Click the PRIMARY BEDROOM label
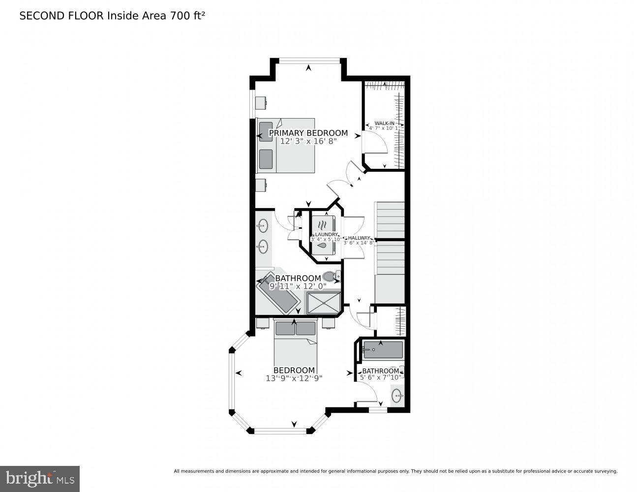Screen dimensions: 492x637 click(x=308, y=133)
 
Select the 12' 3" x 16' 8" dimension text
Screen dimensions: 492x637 click(x=308, y=141)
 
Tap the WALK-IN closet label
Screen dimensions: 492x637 click(x=384, y=123)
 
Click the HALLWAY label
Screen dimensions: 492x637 click(x=359, y=238)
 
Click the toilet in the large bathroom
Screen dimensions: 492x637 click(x=332, y=277)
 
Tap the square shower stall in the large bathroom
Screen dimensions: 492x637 click(x=323, y=302)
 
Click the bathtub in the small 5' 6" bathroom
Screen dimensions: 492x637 click(x=383, y=350)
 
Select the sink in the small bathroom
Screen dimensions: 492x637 click(x=397, y=395)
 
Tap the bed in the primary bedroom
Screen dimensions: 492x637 click(x=286, y=146)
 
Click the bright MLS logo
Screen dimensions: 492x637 click(x=40, y=478)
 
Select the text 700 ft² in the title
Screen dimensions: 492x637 click(x=187, y=16)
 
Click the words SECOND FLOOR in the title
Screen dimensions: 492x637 click(x=61, y=16)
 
